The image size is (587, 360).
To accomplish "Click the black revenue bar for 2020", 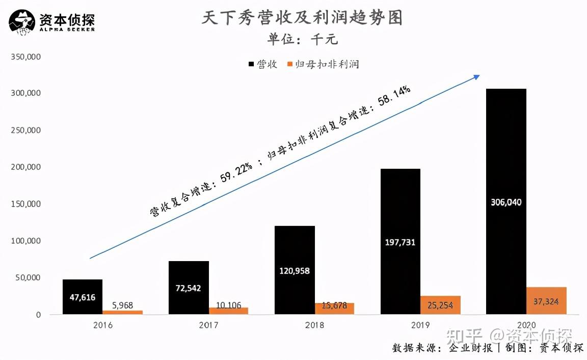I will tap(506, 153).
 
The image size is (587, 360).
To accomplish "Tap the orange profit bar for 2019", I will tap(440, 304).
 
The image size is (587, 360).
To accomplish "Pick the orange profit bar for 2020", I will tap(547, 300).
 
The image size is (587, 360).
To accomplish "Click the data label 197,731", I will tap(400, 242).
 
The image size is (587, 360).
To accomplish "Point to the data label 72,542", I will tap(189, 288).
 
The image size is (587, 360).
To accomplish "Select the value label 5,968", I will tap(122, 306).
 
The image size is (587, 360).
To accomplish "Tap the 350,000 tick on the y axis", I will tap(25, 57).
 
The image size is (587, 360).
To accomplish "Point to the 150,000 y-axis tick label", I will tap(25, 204).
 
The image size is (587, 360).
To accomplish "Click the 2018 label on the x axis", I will tap(314, 325).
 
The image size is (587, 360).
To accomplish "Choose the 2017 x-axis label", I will tap(208, 325).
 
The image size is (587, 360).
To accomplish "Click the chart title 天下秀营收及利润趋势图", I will tap(302, 18).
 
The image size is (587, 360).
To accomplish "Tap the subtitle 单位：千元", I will tap(302, 39).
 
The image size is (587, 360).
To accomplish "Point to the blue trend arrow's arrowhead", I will tap(477, 77).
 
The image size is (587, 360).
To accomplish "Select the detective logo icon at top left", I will tap(22, 23).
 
